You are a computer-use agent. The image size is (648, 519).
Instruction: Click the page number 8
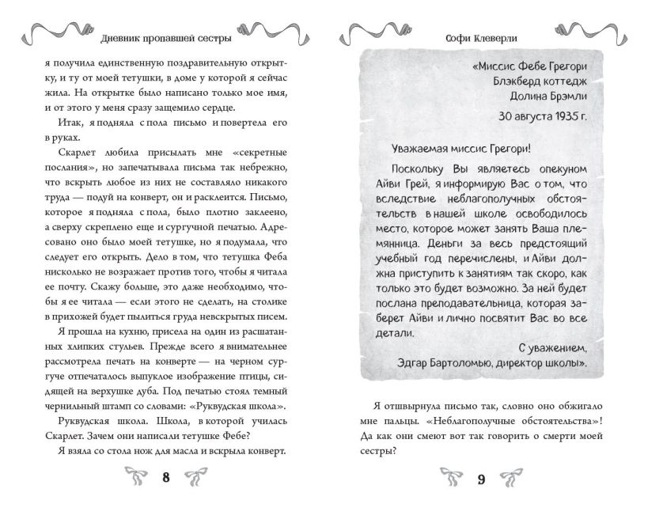165,477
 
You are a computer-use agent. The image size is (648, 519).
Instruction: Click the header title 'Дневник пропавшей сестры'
165,39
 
